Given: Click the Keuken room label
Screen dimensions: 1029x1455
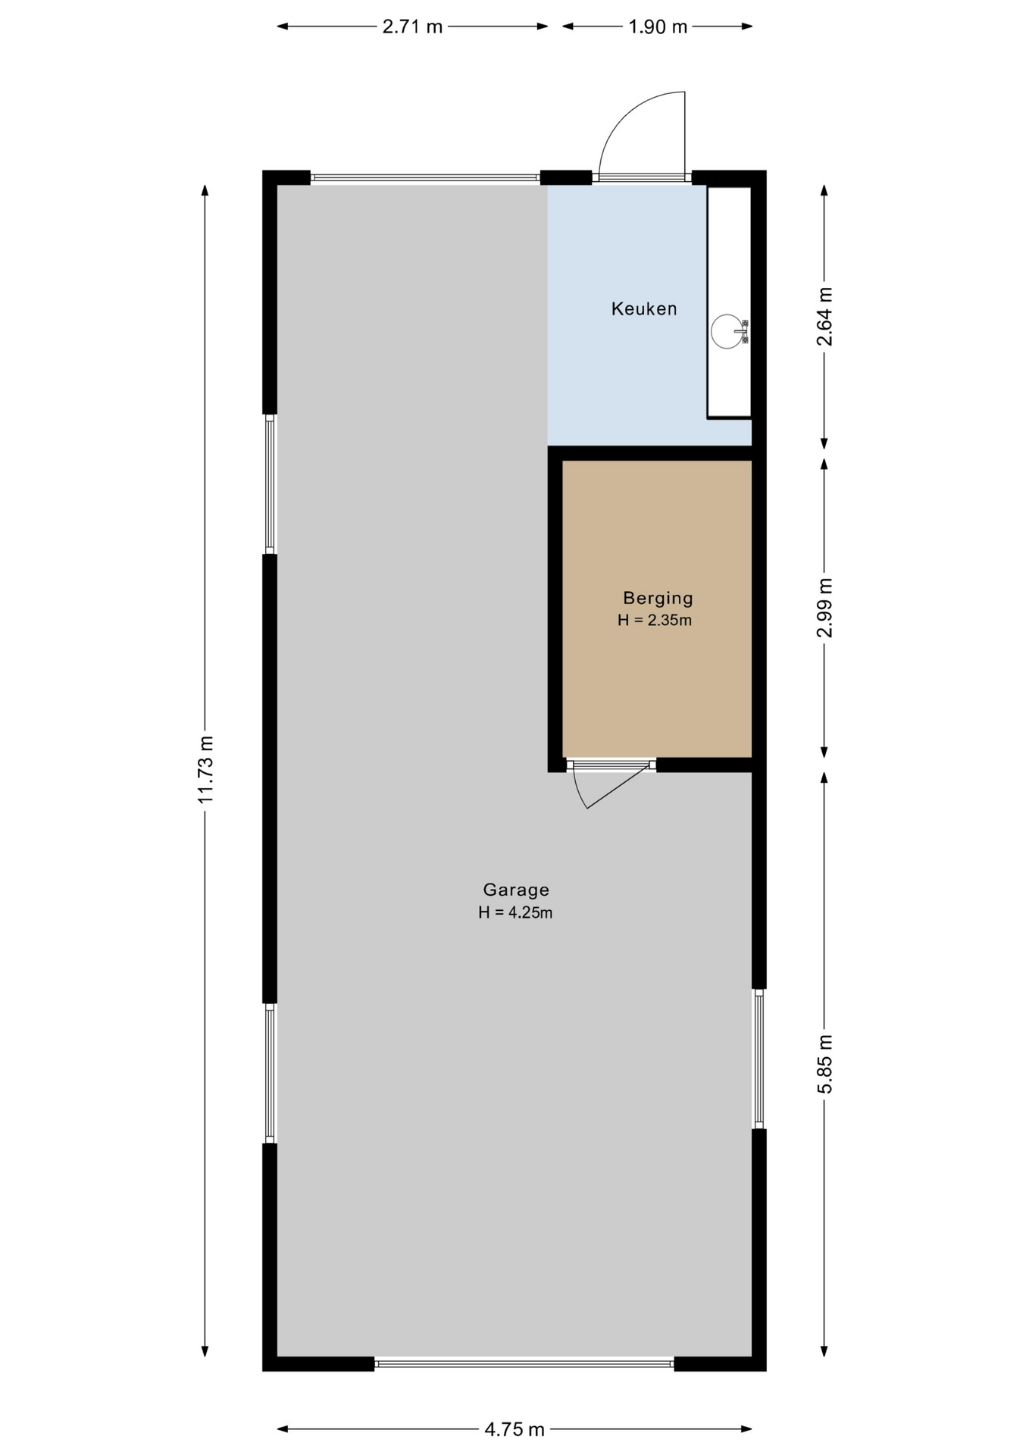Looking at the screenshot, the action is (x=644, y=308).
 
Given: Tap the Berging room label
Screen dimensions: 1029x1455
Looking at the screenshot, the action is (x=658, y=598).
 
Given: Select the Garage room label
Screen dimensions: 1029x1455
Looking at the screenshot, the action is (x=516, y=890).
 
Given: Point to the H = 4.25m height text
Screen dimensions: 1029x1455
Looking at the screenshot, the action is (x=515, y=912).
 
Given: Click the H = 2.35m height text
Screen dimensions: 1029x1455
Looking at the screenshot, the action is (x=655, y=620).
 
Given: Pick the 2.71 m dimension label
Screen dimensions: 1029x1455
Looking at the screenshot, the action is (x=412, y=27).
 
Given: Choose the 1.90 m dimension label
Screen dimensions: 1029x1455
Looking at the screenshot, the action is (x=658, y=27).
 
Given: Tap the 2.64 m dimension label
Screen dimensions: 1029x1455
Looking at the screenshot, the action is (x=824, y=317).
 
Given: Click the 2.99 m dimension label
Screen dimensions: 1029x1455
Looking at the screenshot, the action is (x=824, y=608).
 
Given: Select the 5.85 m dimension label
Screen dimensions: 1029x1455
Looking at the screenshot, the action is (x=824, y=1064).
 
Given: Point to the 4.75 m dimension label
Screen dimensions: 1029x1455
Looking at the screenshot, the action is (x=514, y=1429).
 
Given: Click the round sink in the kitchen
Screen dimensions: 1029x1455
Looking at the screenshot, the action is (x=727, y=331).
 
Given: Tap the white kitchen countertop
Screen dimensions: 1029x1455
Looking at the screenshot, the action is (x=729, y=302).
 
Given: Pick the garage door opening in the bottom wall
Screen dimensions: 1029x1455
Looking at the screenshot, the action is (x=524, y=1363).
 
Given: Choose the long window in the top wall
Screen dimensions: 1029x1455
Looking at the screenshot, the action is (x=425, y=178).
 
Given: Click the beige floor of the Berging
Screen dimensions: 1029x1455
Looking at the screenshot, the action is (x=657, y=682).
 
